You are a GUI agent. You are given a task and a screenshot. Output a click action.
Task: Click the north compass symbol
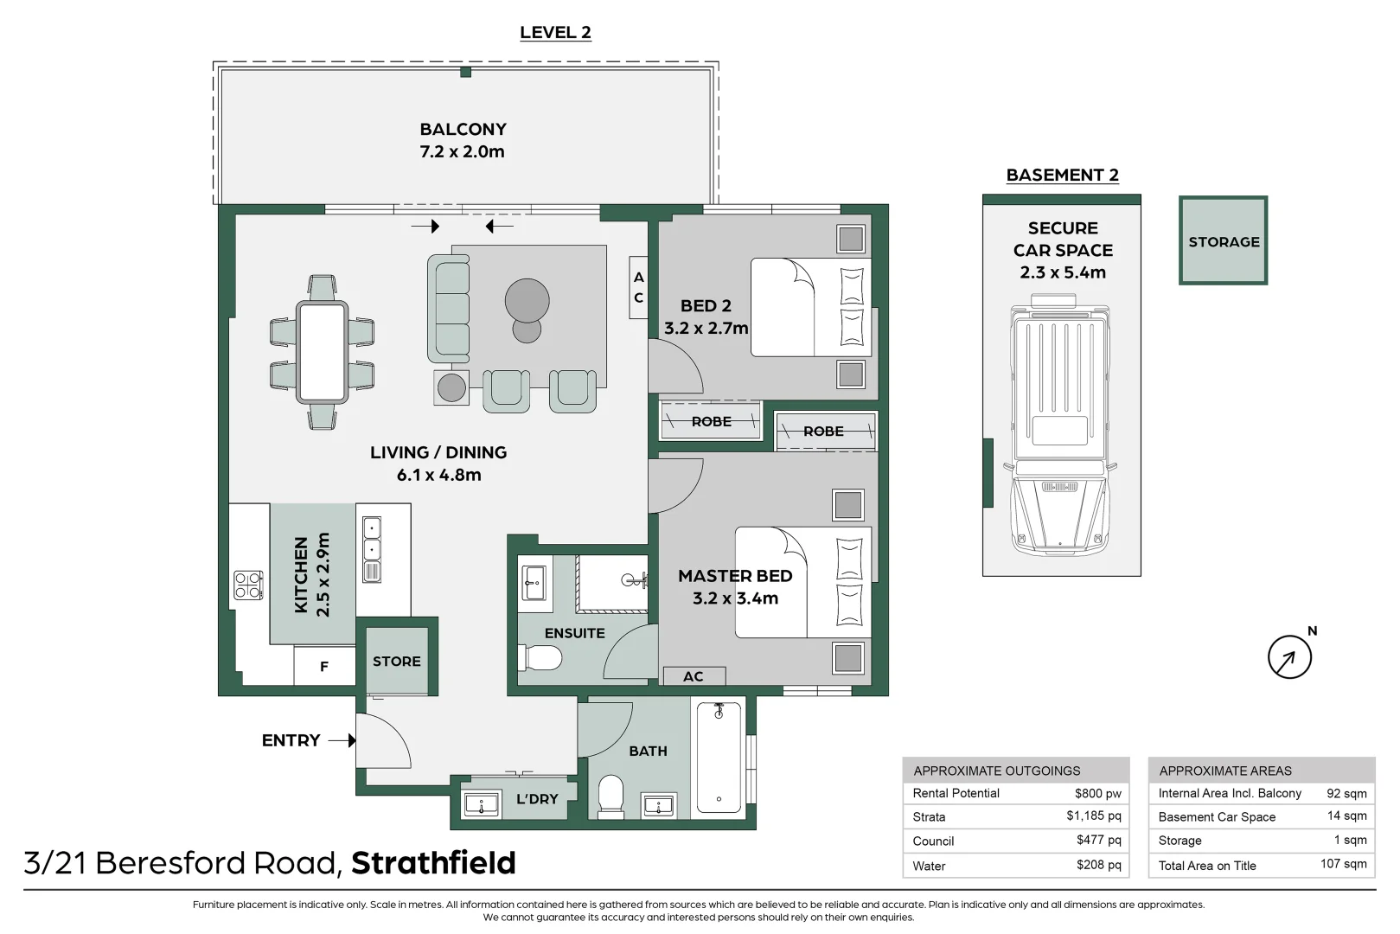point(1289,657)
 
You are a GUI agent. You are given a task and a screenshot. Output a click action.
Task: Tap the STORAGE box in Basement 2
point(1223,240)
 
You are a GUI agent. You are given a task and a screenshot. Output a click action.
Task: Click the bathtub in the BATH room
point(719,757)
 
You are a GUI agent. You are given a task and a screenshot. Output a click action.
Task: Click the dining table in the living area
point(322,352)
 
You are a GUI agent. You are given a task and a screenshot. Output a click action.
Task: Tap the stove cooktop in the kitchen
point(248,585)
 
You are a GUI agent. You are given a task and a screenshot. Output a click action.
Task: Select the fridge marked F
point(323,666)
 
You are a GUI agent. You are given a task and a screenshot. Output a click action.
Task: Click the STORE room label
point(397,662)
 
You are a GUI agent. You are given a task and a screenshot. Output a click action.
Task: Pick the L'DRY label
point(537,799)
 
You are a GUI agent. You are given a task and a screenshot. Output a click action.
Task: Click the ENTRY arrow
point(342,740)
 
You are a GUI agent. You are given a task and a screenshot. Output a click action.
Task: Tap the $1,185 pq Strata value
point(1094,816)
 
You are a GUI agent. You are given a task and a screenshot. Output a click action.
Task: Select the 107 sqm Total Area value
point(1343,865)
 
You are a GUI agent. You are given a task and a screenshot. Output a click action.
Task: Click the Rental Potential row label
point(956,793)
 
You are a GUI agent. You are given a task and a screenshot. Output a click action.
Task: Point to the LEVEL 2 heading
point(556,33)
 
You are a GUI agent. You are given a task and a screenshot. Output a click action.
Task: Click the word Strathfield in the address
point(433,863)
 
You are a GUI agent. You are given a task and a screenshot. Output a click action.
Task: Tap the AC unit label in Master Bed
point(694,676)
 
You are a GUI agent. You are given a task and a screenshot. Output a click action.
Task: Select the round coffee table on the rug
point(527,300)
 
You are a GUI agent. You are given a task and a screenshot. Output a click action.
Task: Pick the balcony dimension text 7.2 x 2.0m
point(462,152)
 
